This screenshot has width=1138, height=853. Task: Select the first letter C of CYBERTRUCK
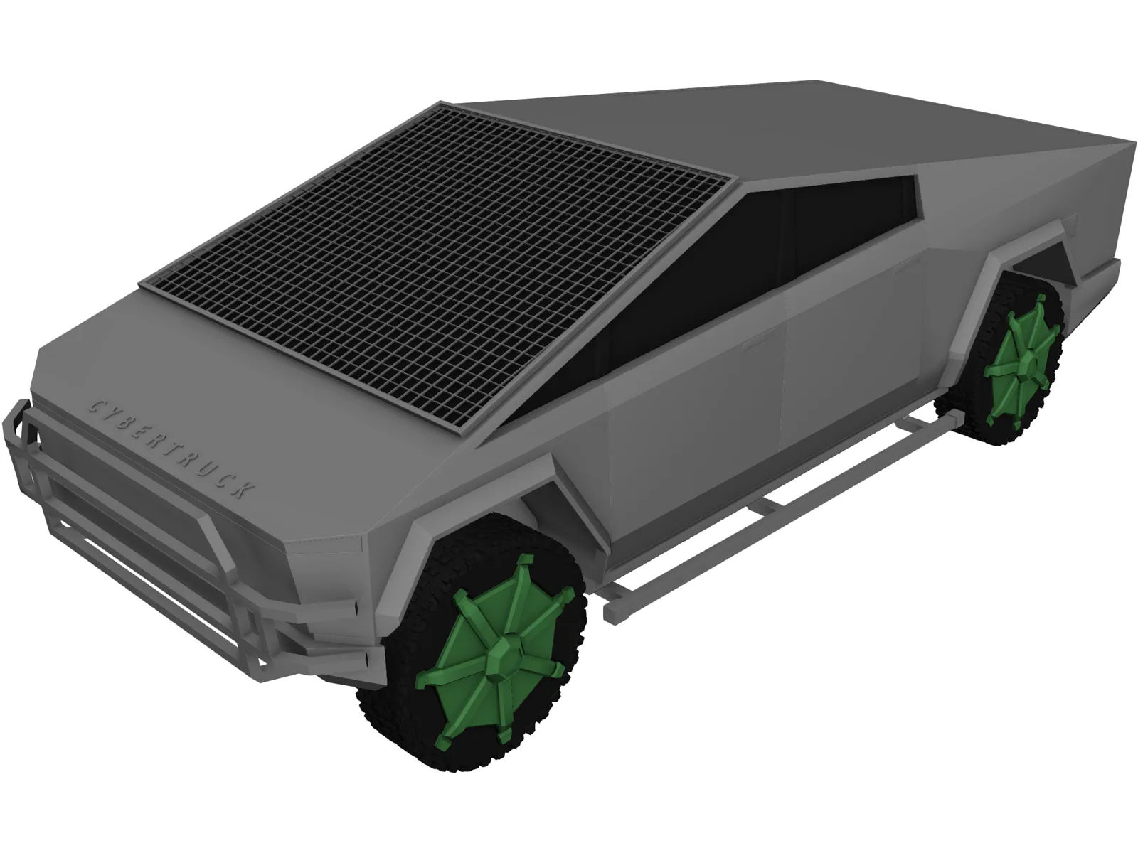93,406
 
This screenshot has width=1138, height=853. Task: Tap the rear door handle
902,269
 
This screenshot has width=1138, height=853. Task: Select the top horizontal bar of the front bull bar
128,455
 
